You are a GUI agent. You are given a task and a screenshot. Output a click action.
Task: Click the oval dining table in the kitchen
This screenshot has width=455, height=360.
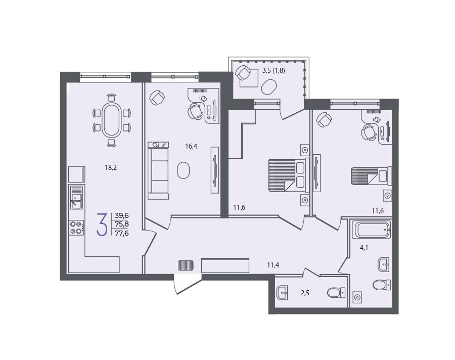[x=112, y=120]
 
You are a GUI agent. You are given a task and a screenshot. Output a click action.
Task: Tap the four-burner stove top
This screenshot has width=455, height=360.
[x=76, y=228]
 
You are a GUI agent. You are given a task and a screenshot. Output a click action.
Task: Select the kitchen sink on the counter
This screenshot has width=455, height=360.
[x=77, y=197]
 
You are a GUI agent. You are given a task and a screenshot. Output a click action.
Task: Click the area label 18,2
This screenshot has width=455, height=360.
[x=111, y=167]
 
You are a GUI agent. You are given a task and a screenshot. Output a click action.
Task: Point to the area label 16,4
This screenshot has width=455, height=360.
[x=191, y=146]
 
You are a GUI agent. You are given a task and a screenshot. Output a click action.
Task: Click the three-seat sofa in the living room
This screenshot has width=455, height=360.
[x=158, y=170]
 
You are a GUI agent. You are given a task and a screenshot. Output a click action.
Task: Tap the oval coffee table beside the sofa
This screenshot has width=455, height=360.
[x=184, y=170]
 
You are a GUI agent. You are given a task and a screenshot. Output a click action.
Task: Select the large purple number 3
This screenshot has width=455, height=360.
[x=102, y=224]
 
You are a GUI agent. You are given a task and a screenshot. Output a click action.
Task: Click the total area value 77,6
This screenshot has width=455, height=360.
[x=122, y=233]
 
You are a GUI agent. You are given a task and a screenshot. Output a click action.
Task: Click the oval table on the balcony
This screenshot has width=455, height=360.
[x=269, y=87]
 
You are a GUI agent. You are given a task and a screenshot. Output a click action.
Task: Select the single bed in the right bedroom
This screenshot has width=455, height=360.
[x=372, y=176]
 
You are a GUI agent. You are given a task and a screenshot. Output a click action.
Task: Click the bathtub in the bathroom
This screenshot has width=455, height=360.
[x=371, y=230]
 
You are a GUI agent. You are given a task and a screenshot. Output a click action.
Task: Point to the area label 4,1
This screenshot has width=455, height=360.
[x=364, y=248]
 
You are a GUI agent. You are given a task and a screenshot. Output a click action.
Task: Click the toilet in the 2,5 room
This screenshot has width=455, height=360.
[x=336, y=292]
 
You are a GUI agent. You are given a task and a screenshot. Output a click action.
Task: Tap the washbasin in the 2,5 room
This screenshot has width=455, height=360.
[x=283, y=292]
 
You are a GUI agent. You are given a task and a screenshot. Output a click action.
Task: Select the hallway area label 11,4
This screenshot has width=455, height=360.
[x=273, y=265]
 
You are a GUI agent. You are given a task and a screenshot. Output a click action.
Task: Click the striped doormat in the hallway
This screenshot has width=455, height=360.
[x=186, y=265]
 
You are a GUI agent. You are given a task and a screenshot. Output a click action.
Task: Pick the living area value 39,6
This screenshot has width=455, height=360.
[x=122, y=215]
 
